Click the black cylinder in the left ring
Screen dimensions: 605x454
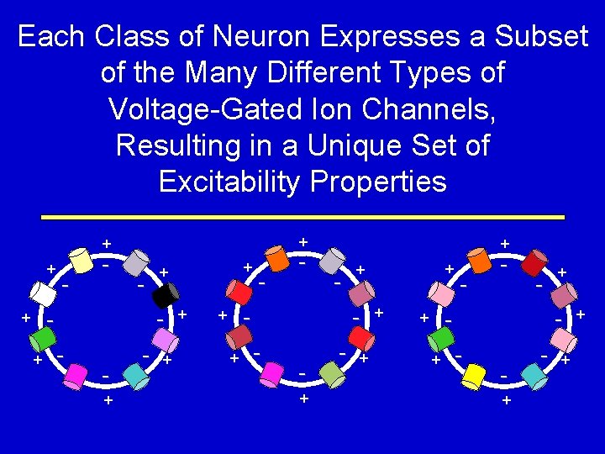(166, 295)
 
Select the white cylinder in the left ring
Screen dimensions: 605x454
(42, 293)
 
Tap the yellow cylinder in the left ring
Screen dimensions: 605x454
(81, 259)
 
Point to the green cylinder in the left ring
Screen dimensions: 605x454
(38, 340)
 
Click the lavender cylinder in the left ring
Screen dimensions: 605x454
(165, 340)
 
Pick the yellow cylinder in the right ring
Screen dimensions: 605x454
(475, 375)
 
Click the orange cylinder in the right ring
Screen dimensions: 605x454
(480, 259)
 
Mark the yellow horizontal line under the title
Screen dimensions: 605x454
(302, 218)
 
